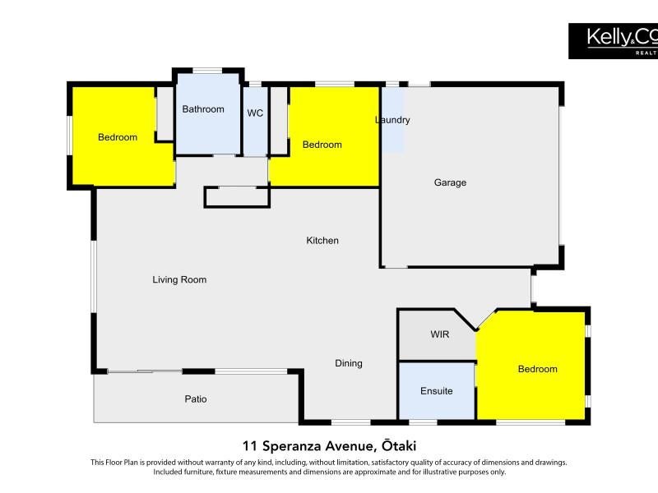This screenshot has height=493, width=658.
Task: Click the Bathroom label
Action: (x=203, y=109)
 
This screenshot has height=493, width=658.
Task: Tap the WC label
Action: (x=255, y=113)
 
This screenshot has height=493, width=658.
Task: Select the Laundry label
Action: (x=392, y=120)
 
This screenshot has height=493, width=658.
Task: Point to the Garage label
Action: (x=450, y=182)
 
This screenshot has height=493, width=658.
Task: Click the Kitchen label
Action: (x=322, y=241)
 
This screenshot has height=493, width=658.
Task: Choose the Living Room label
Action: (x=179, y=279)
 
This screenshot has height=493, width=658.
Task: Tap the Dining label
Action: (x=348, y=363)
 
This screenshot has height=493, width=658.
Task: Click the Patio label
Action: (x=196, y=399)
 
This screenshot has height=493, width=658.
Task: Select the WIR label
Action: (x=440, y=334)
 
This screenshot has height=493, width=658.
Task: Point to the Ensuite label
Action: (x=437, y=391)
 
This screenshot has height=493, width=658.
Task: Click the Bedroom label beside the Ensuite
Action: (x=538, y=369)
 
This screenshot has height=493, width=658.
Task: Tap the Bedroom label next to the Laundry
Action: (x=322, y=145)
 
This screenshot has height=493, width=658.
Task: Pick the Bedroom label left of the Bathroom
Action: (x=118, y=137)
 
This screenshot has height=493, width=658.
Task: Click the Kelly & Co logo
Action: (x=613, y=41)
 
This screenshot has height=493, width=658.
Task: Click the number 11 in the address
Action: (x=249, y=445)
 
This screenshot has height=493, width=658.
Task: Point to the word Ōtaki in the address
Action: (x=399, y=445)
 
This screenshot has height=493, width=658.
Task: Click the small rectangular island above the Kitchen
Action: (x=237, y=197)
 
